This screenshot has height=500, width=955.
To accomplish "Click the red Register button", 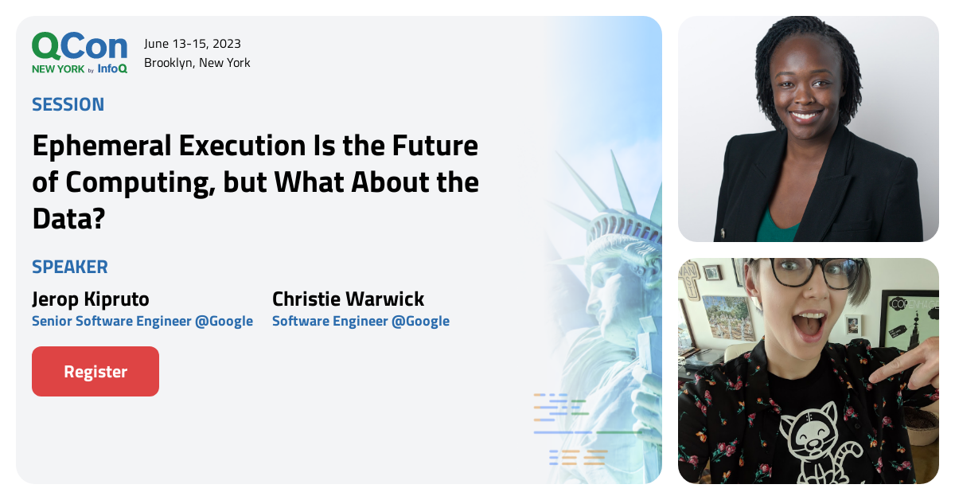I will [x=95, y=371].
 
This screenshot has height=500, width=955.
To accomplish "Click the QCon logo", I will [x=79, y=46].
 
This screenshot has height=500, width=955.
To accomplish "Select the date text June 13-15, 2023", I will [x=193, y=43].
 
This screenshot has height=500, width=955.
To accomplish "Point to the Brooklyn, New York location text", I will [x=197, y=62].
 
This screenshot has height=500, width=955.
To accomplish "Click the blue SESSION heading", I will [x=68, y=104].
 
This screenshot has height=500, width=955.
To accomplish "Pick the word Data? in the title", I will [x=69, y=218].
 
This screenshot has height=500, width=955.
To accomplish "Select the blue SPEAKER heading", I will [x=70, y=267].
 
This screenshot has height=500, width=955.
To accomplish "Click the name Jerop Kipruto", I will [x=91, y=299].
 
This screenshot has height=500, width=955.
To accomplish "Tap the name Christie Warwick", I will [x=348, y=299].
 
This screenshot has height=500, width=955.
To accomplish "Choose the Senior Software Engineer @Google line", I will [x=142, y=321].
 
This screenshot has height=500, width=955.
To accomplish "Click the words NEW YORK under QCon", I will [x=57, y=69].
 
